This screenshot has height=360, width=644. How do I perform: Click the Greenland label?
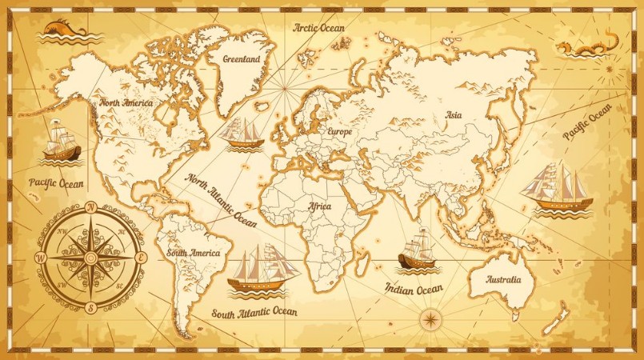coord(241,59)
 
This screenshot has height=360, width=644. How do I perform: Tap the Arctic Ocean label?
coord(318,28)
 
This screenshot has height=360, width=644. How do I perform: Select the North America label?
coord(126,102)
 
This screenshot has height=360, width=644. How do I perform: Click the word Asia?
coord(454,115)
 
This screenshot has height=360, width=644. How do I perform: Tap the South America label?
coord(193,253)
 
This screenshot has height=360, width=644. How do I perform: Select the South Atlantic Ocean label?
coord(254,311)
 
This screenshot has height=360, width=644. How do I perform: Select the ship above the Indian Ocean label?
coord(417,250)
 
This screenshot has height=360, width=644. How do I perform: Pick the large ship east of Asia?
coord(557,189)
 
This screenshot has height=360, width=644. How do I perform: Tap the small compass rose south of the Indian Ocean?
coord(430,320)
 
